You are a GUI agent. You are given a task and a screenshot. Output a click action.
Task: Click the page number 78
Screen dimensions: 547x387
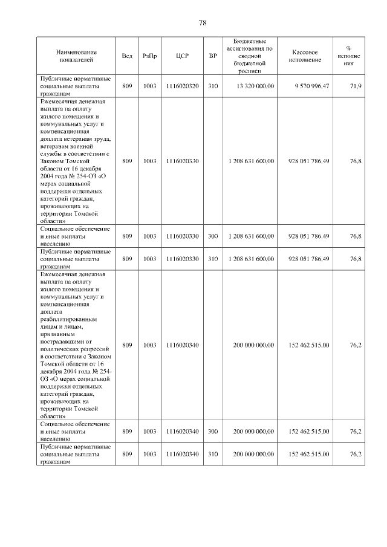pyautogui.click(x=203, y=23)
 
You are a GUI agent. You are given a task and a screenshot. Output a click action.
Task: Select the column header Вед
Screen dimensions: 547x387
pyautogui.click(x=127, y=56)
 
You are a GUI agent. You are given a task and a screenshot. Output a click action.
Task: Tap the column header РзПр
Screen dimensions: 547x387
pyautogui.click(x=150, y=56)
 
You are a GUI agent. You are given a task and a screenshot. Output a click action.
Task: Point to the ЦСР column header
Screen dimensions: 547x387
pyautogui.click(x=182, y=56)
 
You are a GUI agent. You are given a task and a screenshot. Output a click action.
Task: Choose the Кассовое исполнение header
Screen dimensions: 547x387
pyautogui.click(x=305, y=56)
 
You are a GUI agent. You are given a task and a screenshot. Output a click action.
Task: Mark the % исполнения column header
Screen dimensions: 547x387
pyautogui.click(x=349, y=56)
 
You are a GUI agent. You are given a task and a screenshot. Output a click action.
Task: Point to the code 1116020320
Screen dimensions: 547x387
pyautogui.click(x=182, y=87)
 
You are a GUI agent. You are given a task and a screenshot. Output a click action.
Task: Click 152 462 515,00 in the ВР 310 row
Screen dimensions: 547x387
pyautogui.click(x=309, y=454)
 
